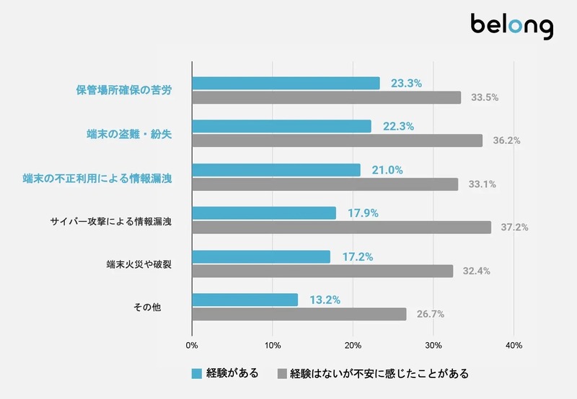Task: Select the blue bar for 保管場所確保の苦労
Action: [286, 84]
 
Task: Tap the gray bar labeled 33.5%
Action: [326, 97]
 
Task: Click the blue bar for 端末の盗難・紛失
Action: [281, 126]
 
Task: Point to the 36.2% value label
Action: [506, 140]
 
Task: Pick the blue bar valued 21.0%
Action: [276, 170]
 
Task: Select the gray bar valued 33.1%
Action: [325, 184]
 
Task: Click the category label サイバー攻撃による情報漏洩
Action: [110, 220]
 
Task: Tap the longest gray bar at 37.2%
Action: [341, 228]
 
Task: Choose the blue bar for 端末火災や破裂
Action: [261, 256]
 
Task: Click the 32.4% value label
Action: [476, 271]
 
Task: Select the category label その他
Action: [146, 307]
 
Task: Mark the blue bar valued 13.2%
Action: [245, 300]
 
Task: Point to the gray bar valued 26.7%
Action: [299, 314]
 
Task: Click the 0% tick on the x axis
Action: [192, 346]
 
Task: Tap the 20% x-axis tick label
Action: [353, 346]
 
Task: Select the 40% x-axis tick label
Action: [513, 346]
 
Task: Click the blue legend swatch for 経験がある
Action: [197, 374]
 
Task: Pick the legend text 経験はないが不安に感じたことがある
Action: [379, 374]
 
